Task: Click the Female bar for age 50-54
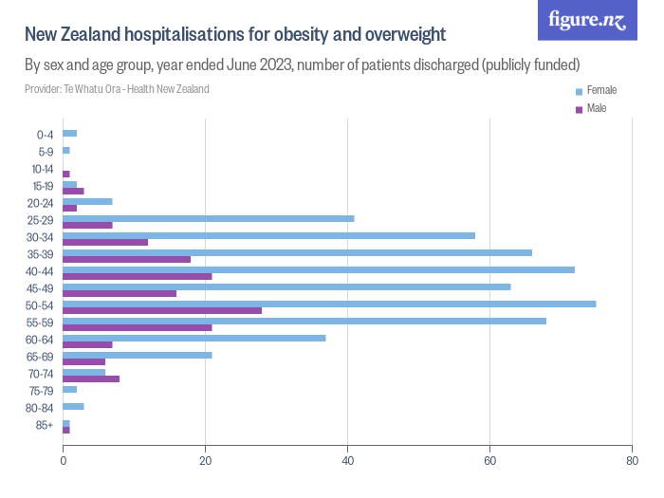(329, 304)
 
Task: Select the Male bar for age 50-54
(162, 310)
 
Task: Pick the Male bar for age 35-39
(126, 259)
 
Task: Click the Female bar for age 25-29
(209, 218)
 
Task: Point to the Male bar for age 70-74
(91, 378)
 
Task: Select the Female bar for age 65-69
(138, 355)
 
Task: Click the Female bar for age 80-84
(73, 406)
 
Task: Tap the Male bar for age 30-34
(105, 242)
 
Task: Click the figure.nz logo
(587, 20)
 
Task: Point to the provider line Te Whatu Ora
(117, 89)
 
